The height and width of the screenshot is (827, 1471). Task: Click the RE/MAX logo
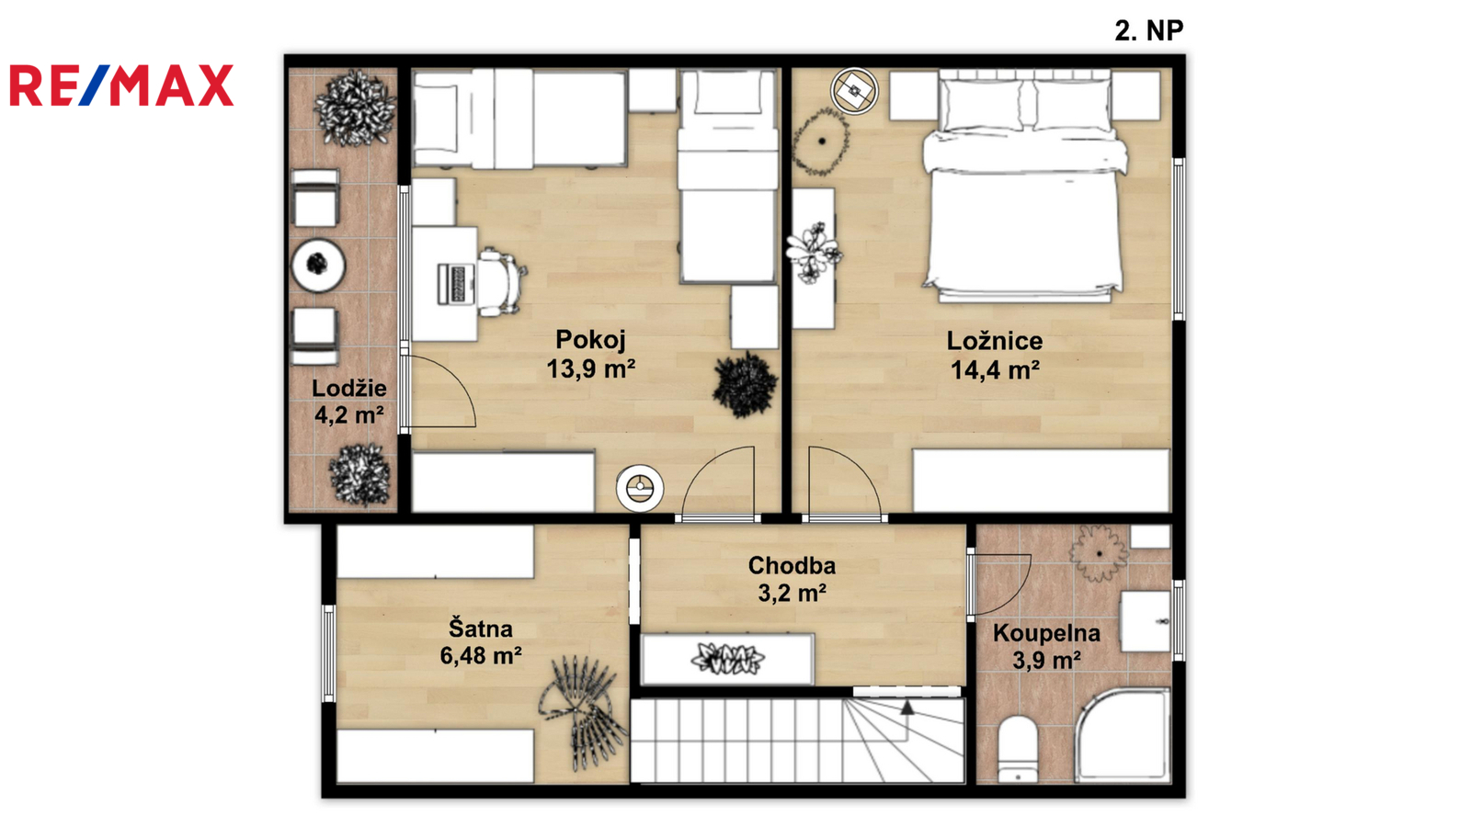coord(121,85)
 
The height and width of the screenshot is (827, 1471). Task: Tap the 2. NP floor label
coord(1148,31)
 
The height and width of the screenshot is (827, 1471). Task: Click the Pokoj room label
coord(590,339)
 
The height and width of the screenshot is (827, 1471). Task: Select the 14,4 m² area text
coord(995,370)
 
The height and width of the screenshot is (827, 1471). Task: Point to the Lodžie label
coord(348,388)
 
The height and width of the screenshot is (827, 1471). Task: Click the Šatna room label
coord(480,629)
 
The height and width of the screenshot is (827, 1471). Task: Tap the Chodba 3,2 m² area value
coord(792,594)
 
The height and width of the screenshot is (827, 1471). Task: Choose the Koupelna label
coord(1046,633)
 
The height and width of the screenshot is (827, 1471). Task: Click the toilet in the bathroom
coord(1017,750)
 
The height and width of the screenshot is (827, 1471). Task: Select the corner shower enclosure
coord(1123,735)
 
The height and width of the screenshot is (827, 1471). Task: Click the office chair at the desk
coord(501,282)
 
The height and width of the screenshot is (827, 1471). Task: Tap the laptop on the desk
coord(456,284)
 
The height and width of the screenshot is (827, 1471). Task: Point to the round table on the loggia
coord(318,266)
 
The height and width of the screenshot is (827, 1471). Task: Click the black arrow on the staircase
coord(907,708)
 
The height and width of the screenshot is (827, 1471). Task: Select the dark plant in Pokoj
coord(746,385)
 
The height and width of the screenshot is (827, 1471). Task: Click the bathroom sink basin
coord(1146,621)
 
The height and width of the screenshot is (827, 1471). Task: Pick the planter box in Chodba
coord(727,659)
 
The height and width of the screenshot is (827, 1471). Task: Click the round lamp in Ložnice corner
coord(854,91)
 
